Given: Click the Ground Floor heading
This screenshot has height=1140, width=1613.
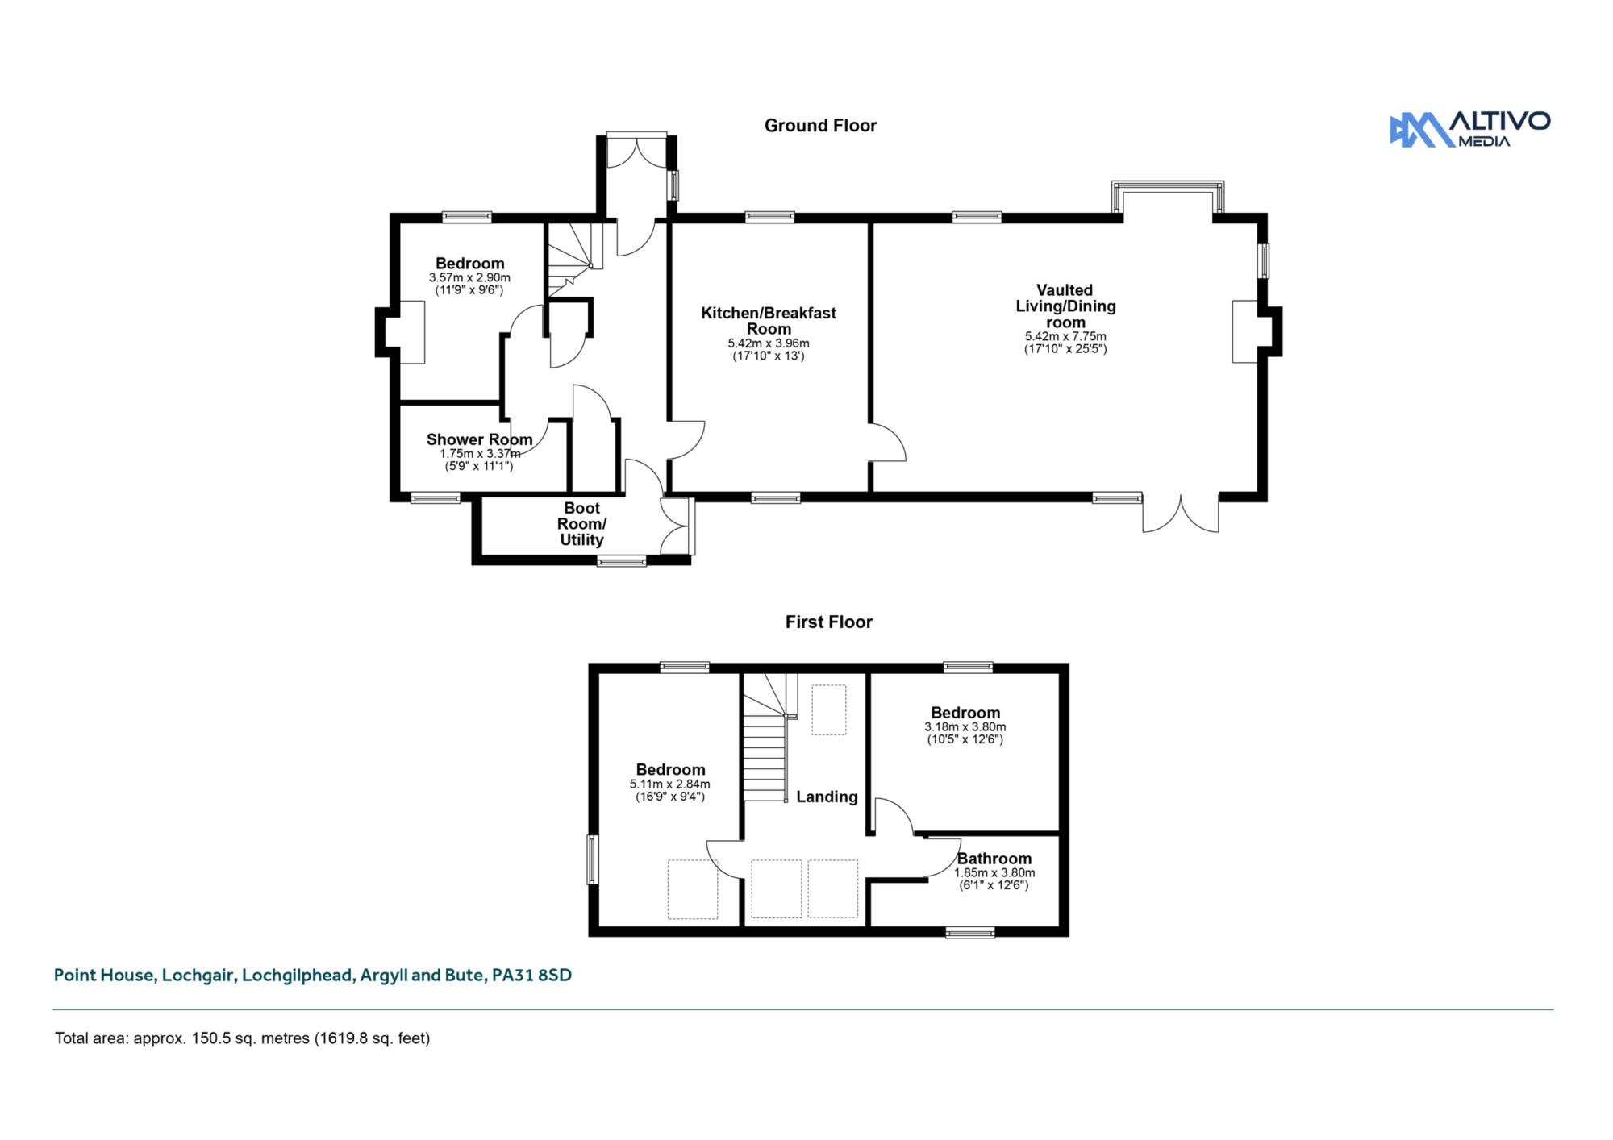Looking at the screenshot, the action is (x=820, y=126).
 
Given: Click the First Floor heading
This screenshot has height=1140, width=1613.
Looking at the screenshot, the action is (x=829, y=622).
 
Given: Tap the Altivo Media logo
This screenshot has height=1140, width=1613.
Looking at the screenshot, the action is (x=1469, y=129).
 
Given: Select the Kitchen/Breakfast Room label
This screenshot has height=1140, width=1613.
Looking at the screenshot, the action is (x=769, y=321).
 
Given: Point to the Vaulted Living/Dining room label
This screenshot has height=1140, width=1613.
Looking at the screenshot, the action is (x=1065, y=306).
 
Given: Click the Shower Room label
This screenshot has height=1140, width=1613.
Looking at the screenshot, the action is (x=480, y=439).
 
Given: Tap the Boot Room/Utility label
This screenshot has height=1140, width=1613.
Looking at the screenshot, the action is (x=582, y=524).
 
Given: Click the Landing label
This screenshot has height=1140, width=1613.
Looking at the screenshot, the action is (x=827, y=797).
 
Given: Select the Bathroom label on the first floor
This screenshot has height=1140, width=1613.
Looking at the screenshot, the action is (x=994, y=859).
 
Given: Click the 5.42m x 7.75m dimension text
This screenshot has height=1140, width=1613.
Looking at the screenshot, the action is (x=1065, y=336).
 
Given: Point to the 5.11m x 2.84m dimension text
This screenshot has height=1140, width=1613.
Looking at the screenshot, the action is (x=670, y=784).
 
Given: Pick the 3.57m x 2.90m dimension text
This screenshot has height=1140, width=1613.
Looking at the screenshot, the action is (x=469, y=277).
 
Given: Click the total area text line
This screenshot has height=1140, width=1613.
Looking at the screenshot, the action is (x=242, y=1038).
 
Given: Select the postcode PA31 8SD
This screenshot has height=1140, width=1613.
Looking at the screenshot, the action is (x=531, y=975).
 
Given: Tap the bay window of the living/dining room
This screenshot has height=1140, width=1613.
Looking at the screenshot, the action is (x=1168, y=197).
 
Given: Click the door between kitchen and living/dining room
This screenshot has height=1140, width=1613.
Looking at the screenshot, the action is (x=887, y=442).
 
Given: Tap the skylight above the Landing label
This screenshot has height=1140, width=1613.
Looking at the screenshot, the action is (x=829, y=709).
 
